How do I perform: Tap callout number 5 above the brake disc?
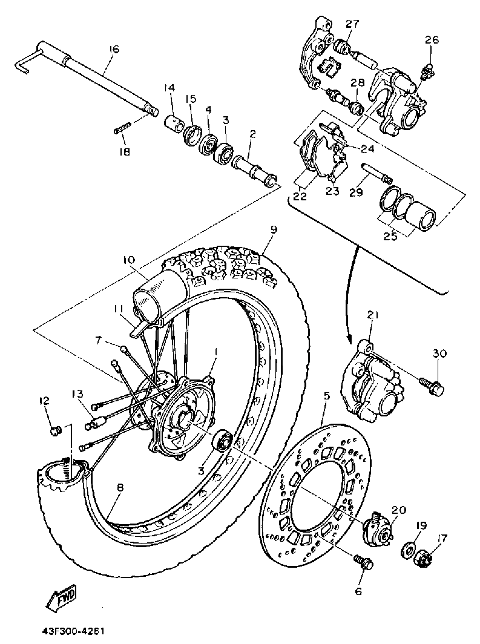[327, 397]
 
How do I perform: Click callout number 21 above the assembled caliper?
[372, 315]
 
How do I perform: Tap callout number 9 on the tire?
[274, 230]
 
